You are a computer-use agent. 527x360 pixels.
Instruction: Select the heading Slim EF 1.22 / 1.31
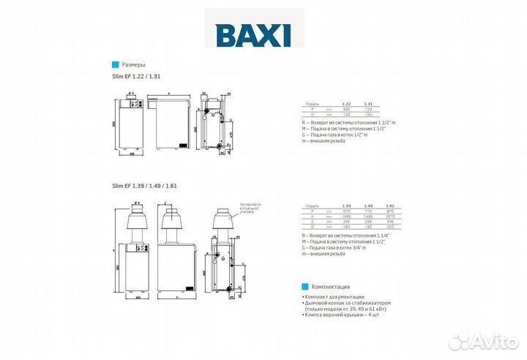click(x=136, y=77)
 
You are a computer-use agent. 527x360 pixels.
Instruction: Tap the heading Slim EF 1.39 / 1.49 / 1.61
click(x=145, y=187)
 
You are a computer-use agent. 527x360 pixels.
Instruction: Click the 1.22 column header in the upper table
click(x=346, y=105)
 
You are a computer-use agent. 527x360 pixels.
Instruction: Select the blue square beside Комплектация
click(x=304, y=287)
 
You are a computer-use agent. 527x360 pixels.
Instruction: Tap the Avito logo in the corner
click(x=483, y=341)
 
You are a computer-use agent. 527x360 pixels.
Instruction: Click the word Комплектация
click(x=331, y=287)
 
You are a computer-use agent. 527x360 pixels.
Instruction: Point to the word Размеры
click(x=132, y=64)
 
